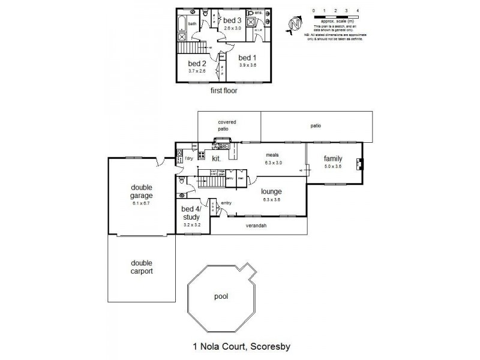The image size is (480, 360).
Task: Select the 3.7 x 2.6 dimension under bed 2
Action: tap(197, 71)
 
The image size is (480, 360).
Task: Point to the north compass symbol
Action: tap(294, 23)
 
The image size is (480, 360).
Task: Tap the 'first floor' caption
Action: tap(223, 91)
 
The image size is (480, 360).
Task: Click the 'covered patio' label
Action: tap(227, 125)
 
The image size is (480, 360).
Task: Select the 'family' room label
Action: tap(333, 158)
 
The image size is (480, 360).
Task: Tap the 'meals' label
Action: tap(274, 154)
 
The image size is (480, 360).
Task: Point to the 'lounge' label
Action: tap(271, 192)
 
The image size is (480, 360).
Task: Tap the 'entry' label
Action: tap(226, 203)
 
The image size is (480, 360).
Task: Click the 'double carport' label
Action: tap(142, 267)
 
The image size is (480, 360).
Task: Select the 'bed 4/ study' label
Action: tap(193, 213)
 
